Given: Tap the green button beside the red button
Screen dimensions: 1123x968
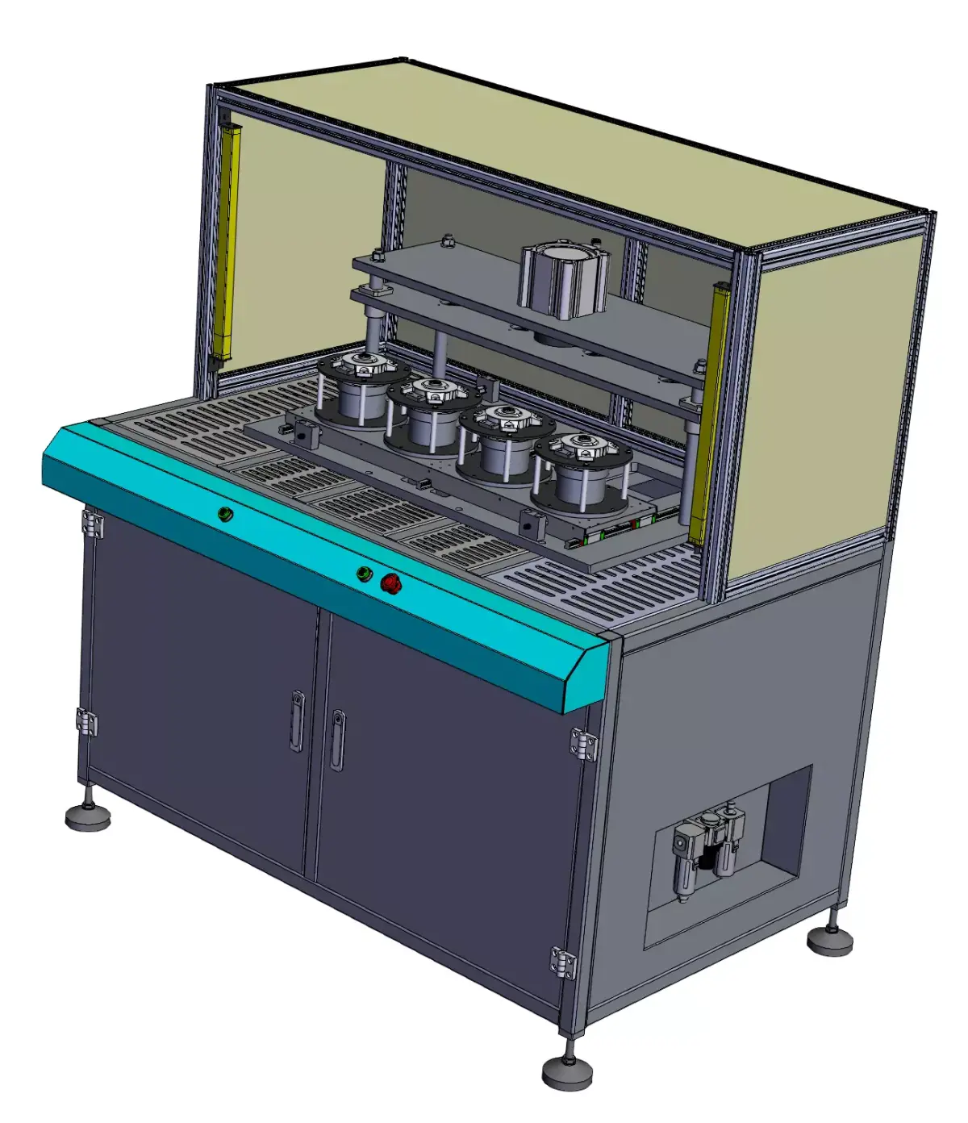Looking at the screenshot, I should (x=364, y=574).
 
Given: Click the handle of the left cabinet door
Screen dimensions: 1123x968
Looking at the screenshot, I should (x=298, y=720).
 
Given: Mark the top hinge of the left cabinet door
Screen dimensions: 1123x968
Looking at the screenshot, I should (x=92, y=524).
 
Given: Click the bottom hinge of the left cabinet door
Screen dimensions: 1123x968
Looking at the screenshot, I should (x=86, y=721).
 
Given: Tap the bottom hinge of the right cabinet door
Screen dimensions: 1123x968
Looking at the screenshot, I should (x=564, y=962).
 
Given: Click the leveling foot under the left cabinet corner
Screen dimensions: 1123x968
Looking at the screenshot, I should (x=88, y=816).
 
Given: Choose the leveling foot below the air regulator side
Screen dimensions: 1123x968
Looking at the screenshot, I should (x=830, y=937).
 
